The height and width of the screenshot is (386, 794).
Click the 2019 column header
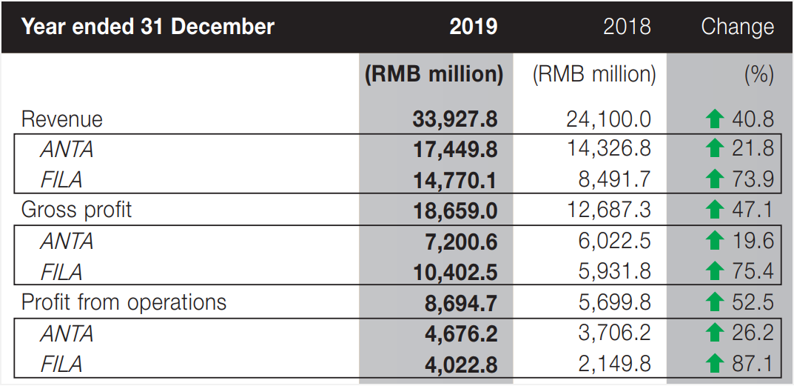point(473,27)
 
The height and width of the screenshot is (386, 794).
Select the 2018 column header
point(627,27)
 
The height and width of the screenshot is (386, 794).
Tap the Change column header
point(737,27)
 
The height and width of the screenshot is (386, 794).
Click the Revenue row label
point(62,119)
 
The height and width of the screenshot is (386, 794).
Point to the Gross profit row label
point(76,210)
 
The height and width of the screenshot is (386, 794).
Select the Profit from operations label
point(124,302)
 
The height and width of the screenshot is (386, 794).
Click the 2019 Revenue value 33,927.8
point(455,119)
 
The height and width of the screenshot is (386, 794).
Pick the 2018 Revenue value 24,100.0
point(608,119)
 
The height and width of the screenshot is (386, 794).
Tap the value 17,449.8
point(455,150)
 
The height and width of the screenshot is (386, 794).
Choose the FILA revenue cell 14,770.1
point(455,180)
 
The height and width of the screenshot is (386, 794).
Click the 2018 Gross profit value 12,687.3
point(608,210)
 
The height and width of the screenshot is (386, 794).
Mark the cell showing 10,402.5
point(455,271)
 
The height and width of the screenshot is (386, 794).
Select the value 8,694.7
point(461,302)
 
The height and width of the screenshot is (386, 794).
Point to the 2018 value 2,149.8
point(614,364)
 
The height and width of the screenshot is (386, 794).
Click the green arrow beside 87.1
point(714,364)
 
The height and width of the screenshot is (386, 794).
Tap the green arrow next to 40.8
point(714,119)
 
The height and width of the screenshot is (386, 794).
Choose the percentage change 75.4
point(753,271)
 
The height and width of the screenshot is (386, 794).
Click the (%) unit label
point(759,74)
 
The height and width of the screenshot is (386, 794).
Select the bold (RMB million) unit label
point(434,74)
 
